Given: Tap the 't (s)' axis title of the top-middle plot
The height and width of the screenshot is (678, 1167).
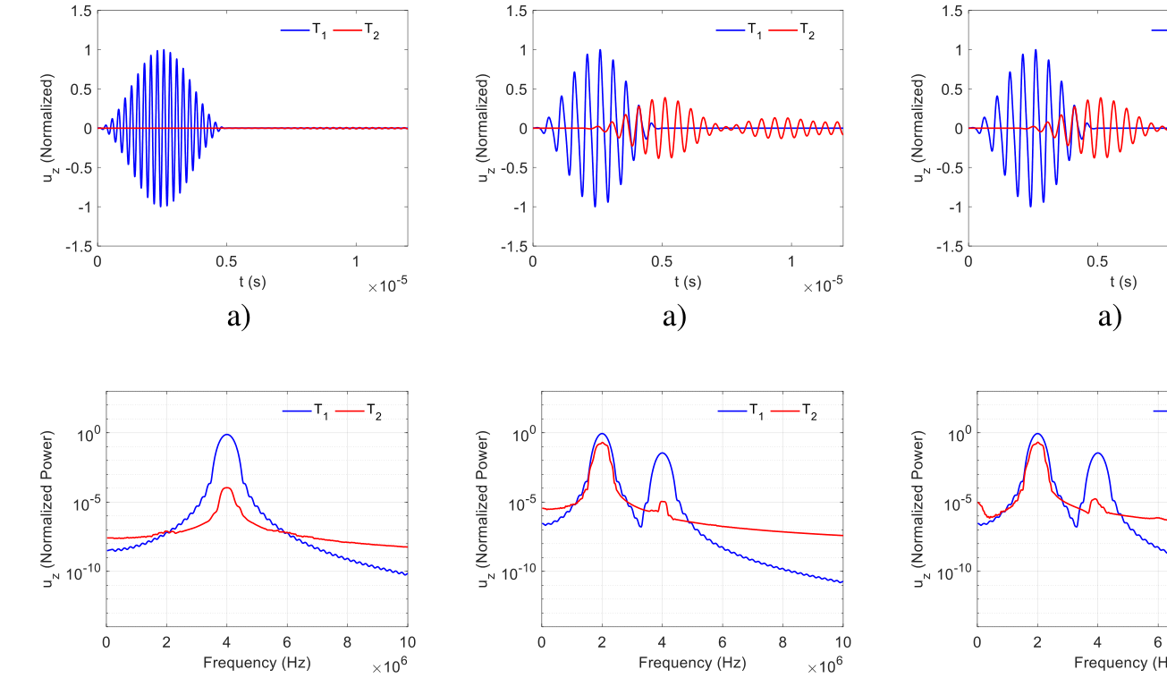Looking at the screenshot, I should (688, 282).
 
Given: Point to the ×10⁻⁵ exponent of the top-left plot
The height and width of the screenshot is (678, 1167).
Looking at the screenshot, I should (387, 287).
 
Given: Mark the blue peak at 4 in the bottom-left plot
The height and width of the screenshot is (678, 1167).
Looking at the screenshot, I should (227, 435).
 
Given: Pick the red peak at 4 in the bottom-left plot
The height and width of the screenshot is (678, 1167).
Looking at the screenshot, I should (227, 487).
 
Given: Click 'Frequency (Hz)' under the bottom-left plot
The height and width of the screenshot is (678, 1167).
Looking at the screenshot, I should (257, 662).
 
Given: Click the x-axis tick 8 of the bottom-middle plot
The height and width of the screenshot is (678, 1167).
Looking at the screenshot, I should (782, 641).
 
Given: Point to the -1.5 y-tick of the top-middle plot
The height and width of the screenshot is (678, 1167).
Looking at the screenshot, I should (516, 246).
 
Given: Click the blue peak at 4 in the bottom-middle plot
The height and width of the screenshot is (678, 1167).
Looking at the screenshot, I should (662, 453).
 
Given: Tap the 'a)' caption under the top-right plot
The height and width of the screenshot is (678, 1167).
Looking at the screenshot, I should (1109, 317).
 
